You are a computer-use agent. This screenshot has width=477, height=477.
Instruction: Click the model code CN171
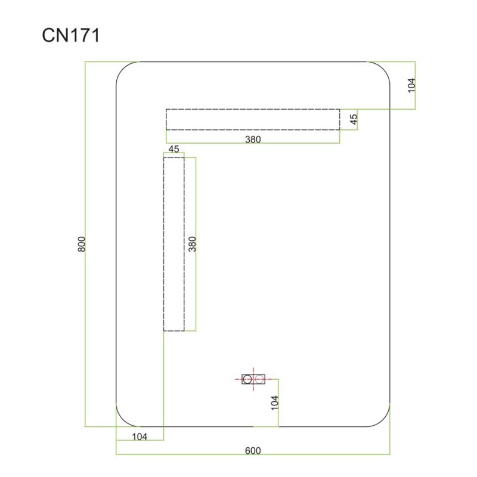[x=70, y=35]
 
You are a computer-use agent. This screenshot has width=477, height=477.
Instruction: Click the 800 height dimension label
[x=82, y=244]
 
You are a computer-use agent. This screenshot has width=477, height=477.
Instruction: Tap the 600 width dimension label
[x=253, y=451]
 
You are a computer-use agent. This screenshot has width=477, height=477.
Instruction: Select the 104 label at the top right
[x=411, y=85]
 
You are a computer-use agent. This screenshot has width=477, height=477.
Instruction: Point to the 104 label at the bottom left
[x=140, y=436]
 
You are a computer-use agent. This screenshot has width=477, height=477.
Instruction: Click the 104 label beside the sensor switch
[x=275, y=403]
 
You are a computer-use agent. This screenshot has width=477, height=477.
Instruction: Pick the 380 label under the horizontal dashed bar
[x=253, y=140]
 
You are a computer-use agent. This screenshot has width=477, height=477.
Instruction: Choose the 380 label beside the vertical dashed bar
[x=193, y=244]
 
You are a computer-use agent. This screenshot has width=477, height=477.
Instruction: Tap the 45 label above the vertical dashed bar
[x=174, y=149]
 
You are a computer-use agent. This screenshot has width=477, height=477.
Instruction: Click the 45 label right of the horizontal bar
[x=354, y=119]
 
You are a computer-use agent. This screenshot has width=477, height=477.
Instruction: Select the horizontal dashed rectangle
[x=253, y=119]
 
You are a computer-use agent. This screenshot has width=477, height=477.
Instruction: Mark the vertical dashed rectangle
[x=174, y=244]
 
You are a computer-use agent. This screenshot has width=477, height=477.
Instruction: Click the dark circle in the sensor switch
[x=247, y=379]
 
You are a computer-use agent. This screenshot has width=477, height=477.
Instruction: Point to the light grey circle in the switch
[x=259, y=379]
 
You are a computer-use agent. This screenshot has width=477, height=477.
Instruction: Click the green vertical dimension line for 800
[x=85, y=244]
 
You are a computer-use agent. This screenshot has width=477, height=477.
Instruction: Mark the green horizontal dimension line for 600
[x=253, y=454]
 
